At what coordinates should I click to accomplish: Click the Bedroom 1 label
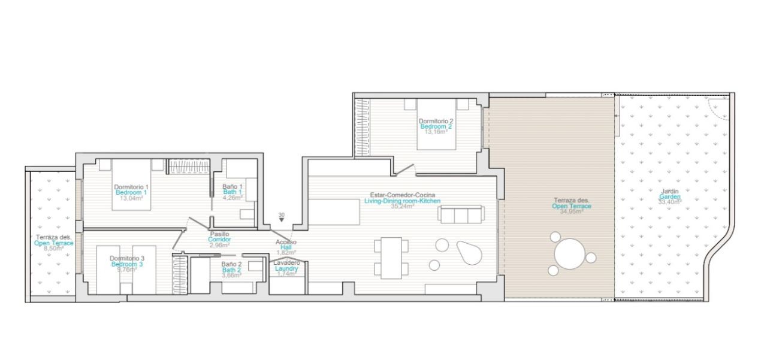pyautogui.click(x=131, y=193)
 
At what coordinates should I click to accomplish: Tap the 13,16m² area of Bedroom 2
pyautogui.click(x=436, y=132)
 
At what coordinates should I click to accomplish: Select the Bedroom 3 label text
pyautogui.click(x=127, y=264)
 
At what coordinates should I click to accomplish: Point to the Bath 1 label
pyautogui.click(x=232, y=192)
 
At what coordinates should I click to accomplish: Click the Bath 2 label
pyautogui.click(x=231, y=270)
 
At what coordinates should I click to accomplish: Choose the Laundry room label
pyautogui.click(x=286, y=268)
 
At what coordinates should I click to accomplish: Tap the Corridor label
pyautogui.click(x=219, y=240)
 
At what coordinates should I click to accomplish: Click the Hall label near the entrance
pyautogui.click(x=286, y=247)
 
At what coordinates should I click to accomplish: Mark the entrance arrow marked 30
pyautogui.click(x=282, y=220)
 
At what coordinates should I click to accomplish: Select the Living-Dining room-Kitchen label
pyautogui.click(x=402, y=201)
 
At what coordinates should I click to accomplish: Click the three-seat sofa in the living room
pyautogui.click(x=461, y=214)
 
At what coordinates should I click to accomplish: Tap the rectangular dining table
pyautogui.click(x=391, y=258)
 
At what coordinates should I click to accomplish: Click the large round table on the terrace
pyautogui.click(x=570, y=254)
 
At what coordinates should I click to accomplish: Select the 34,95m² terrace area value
pyautogui.click(x=572, y=211)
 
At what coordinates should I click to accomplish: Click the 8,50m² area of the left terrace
pyautogui.click(x=54, y=249)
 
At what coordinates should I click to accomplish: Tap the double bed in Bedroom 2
pyautogui.click(x=436, y=124)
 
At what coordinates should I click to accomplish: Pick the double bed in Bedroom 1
pyautogui.click(x=131, y=184)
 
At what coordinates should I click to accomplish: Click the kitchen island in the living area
pyautogui.click(x=334, y=212)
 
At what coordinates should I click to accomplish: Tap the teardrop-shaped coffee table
pyautogui.click(x=469, y=253)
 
